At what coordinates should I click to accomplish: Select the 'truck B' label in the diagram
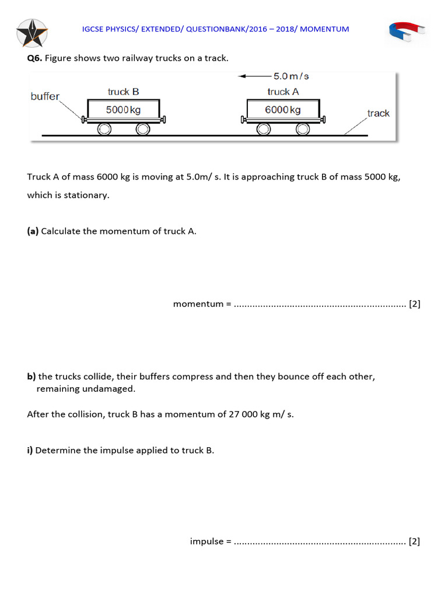[x=123, y=92]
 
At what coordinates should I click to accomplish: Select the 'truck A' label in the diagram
[x=282, y=92]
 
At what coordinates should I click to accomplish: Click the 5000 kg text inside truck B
[x=123, y=110]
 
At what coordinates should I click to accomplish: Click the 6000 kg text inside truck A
[x=282, y=110]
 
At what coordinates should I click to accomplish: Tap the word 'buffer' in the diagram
[x=45, y=96]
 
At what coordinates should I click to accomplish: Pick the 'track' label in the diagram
[x=378, y=113]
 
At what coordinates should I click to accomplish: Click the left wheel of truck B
[x=104, y=129]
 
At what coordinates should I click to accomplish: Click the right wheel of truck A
[x=302, y=129]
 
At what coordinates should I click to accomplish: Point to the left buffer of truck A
[x=243, y=120]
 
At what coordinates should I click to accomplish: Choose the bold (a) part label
[x=33, y=231]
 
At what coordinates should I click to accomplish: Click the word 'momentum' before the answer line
[x=198, y=304]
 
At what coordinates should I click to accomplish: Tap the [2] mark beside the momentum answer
[x=414, y=304]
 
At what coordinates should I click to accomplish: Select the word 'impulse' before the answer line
[x=206, y=541]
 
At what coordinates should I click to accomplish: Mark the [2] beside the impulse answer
[x=414, y=541]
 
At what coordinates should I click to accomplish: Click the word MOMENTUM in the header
[x=325, y=29]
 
